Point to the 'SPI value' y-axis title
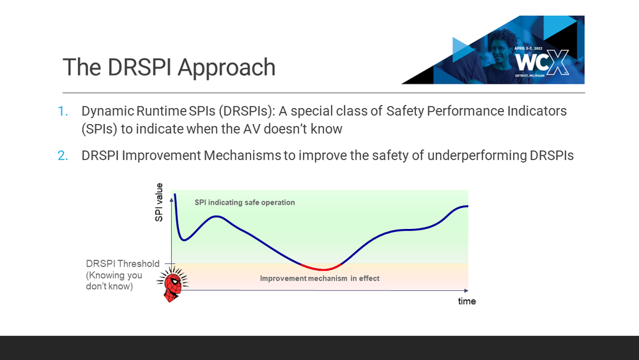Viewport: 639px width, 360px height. point(159,203)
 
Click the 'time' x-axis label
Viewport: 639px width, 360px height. point(466,301)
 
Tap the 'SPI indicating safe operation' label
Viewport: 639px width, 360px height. point(245,203)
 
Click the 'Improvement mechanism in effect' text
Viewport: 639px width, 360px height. point(319,279)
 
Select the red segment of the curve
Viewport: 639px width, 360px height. point(321,268)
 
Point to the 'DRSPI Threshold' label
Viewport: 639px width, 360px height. point(123,264)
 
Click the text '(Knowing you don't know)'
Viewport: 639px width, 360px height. point(114,281)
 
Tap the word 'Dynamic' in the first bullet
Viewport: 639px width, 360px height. point(105,111)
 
